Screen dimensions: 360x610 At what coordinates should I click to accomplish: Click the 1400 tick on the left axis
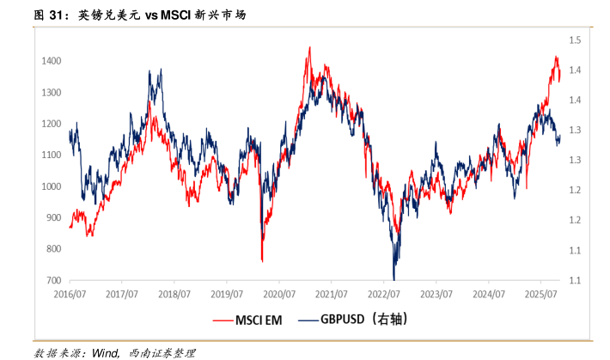(50, 61)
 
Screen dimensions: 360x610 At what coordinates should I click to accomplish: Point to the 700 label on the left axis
(52, 281)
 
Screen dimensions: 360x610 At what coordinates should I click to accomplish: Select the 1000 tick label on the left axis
(50, 186)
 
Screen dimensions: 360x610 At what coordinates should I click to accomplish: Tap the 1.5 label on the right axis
(575, 40)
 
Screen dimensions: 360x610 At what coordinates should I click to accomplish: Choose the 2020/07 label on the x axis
(278, 293)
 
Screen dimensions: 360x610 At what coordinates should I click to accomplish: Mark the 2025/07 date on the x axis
(540, 293)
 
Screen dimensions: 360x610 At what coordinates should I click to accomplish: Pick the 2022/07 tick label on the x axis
(383, 293)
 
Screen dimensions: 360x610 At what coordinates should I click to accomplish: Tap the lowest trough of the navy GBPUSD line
(393, 278)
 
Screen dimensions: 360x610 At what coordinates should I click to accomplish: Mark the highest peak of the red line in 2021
(309, 48)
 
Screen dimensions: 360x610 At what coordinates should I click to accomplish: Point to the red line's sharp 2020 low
(261, 259)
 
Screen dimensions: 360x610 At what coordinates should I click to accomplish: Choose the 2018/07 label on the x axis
(174, 293)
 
